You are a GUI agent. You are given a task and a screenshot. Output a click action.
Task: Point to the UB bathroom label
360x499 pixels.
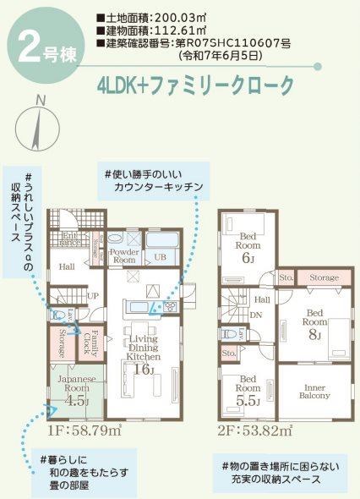(x=159, y=256)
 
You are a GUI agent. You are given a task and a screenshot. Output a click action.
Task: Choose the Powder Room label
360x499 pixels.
(x=124, y=256)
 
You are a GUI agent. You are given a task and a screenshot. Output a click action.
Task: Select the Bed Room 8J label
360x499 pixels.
(x=315, y=326)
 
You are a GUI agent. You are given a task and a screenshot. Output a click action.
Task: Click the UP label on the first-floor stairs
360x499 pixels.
(x=93, y=296)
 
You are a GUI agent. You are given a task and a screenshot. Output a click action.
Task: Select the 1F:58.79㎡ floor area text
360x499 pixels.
(x=85, y=431)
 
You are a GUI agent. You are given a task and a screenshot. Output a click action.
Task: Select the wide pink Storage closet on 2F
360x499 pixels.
(x=323, y=277)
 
